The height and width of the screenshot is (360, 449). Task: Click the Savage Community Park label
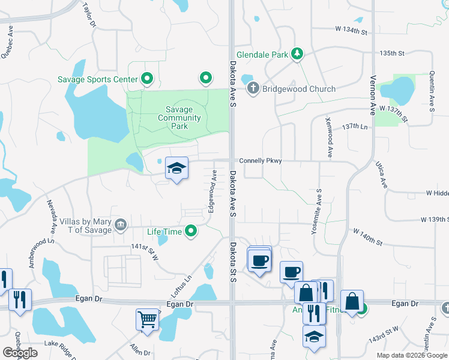point(179,118)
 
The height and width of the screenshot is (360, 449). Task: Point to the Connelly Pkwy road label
point(260,161)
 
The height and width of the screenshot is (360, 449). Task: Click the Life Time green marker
point(191,231)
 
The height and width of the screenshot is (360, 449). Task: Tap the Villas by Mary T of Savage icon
point(121,225)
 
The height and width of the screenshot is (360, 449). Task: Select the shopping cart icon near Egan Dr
point(146,319)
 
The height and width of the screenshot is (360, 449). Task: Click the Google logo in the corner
point(19,353)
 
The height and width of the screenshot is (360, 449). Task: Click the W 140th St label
point(367,236)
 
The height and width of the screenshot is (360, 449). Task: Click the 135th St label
point(393,53)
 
